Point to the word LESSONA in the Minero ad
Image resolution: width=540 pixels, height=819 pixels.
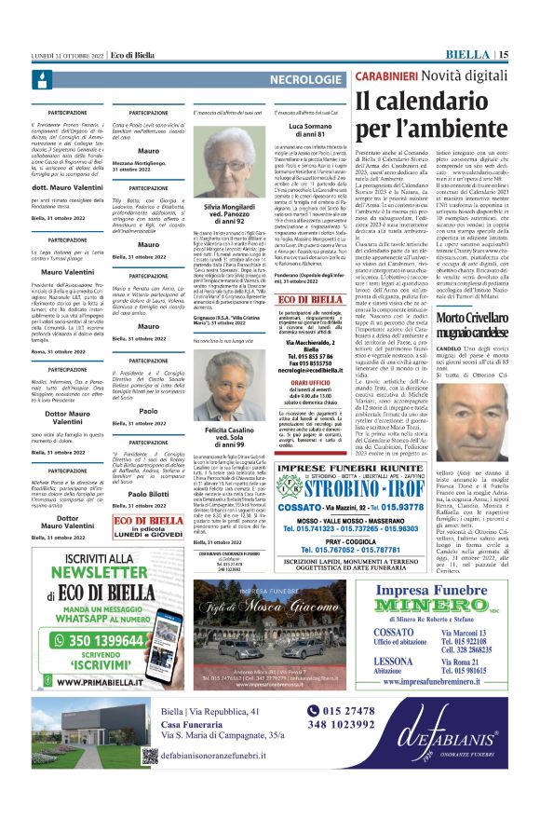[x=391, y=687]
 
